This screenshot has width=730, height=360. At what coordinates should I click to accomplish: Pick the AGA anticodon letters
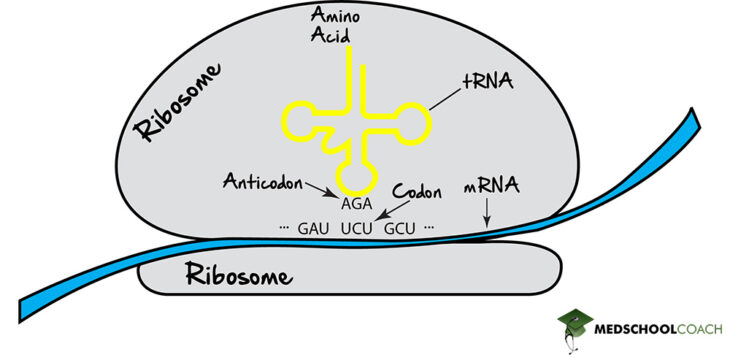point(357,203)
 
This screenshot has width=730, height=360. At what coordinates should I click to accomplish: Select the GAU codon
point(313,229)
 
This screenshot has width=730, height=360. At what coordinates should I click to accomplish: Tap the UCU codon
point(356,229)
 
